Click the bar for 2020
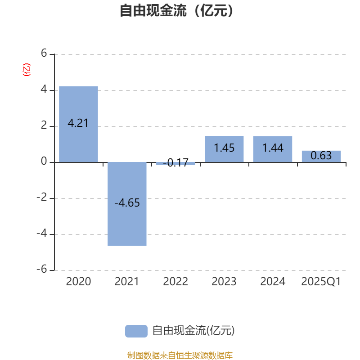pos(78,124)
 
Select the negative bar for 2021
pos(127,204)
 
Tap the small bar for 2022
pos(175,164)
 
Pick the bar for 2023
pos(224,149)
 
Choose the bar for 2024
pos(273,149)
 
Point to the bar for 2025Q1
pos(321,156)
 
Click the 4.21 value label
pos(78,123)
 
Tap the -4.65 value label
pos(127,203)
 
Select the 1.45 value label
pos(224,148)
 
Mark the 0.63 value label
pos(321,156)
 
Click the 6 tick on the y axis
pos(44,54)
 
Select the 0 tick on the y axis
pos(44,162)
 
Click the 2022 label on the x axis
pos(175,282)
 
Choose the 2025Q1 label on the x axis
pos(321,282)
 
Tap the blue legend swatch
pos(136,331)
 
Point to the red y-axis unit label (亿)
pos(27,70)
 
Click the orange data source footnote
pos(180,355)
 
